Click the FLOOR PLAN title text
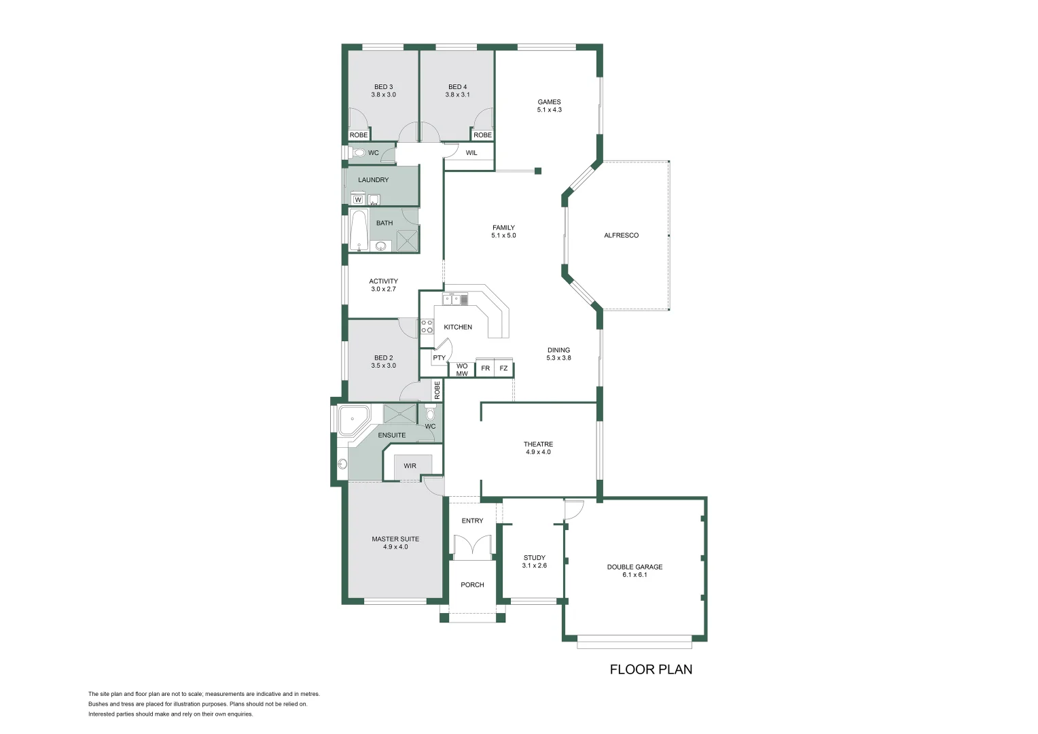pyautogui.click(x=651, y=669)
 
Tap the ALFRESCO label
pyautogui.click(x=621, y=235)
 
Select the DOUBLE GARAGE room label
pyautogui.click(x=634, y=567)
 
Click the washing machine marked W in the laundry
pyautogui.click(x=357, y=199)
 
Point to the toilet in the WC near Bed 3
pyautogui.click(x=359, y=153)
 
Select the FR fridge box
pyautogui.click(x=485, y=368)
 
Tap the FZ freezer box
pyautogui.click(x=503, y=368)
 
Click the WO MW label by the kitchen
pyautogui.click(x=462, y=370)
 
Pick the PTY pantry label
pyautogui.click(x=439, y=358)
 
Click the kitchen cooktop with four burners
pyautogui.click(x=427, y=326)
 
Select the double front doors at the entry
pyautogui.click(x=471, y=547)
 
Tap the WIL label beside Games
pyautogui.click(x=471, y=153)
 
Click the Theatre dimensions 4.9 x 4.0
pyautogui.click(x=538, y=452)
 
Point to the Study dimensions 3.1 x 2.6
pyautogui.click(x=534, y=565)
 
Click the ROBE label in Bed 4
pyautogui.click(x=482, y=135)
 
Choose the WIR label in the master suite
pyautogui.click(x=410, y=466)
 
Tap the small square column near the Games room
pyautogui.click(x=537, y=171)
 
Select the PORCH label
pyautogui.click(x=472, y=584)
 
